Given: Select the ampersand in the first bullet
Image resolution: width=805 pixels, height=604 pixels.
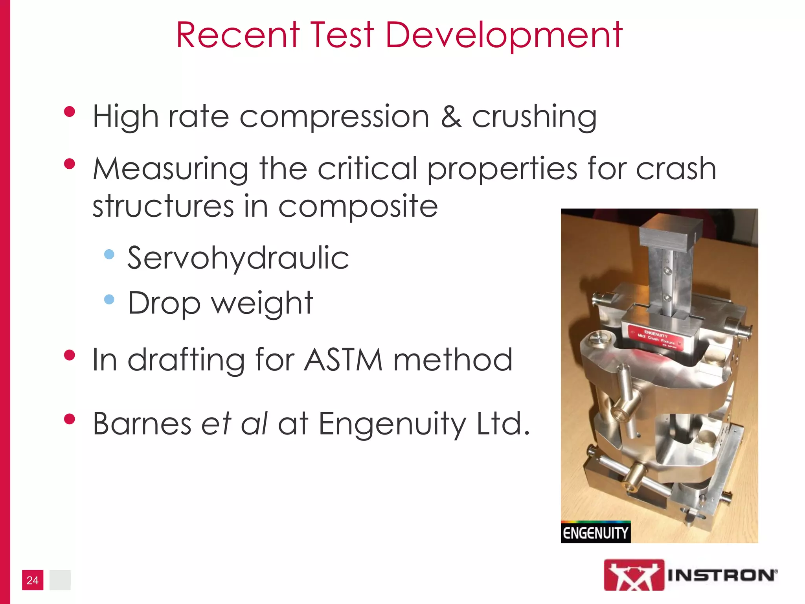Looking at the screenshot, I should (451, 117).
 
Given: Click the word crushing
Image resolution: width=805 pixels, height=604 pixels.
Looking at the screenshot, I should (534, 118).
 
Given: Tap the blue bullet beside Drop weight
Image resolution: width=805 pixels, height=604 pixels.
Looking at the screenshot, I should (109, 300).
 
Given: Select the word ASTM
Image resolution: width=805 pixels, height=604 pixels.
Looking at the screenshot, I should (343, 359).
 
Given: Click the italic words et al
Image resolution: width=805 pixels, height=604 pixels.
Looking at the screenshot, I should (234, 424).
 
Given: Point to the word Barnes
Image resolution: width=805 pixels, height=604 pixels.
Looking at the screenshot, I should (142, 424).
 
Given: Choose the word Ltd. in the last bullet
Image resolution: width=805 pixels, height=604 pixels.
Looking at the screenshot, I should (503, 424).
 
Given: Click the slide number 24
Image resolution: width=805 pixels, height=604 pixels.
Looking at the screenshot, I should (33, 580).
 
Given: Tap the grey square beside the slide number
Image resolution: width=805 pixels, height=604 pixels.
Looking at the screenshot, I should (60, 580).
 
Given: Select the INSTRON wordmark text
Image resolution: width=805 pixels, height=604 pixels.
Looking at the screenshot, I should (722, 576).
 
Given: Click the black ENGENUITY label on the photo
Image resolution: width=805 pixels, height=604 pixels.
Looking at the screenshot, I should (595, 533).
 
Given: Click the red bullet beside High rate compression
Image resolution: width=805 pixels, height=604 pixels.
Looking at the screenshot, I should (70, 112).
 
